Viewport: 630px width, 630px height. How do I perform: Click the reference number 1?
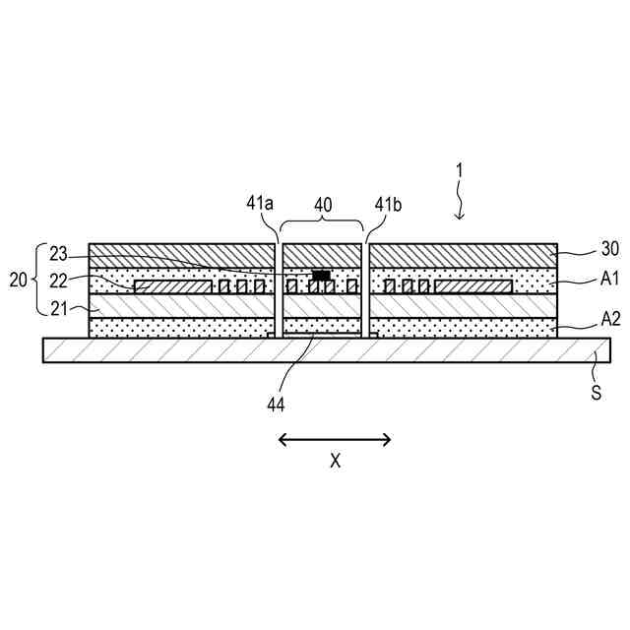tap(460, 169)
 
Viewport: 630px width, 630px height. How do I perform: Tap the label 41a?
tap(259, 204)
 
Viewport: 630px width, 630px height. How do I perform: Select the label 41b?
tap(388, 204)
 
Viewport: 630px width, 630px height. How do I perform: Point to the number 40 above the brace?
tap(323, 204)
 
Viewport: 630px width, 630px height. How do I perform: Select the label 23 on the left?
tap(58, 251)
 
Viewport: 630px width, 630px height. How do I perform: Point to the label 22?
tap(58, 280)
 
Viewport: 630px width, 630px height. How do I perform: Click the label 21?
tap(58, 308)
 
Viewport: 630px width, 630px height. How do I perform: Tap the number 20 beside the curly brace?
tap(19, 280)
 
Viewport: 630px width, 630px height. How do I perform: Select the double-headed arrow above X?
tap(335, 439)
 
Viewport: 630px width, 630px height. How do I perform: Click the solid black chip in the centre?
tap(320, 276)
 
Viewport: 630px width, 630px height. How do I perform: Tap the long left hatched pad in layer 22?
tap(173, 286)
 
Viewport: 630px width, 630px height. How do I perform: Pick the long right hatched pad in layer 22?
tap(472, 286)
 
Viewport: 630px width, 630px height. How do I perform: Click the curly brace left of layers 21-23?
tap(36, 280)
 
